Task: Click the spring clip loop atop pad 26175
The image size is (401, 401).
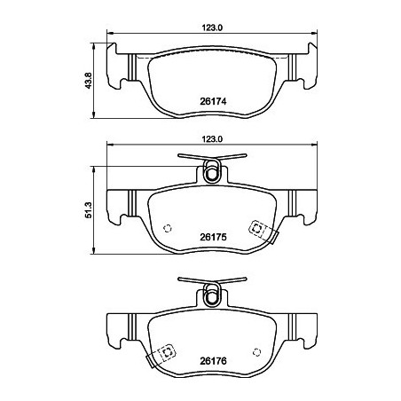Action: [x=212, y=170]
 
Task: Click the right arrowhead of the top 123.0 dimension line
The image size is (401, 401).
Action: [x=314, y=36]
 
